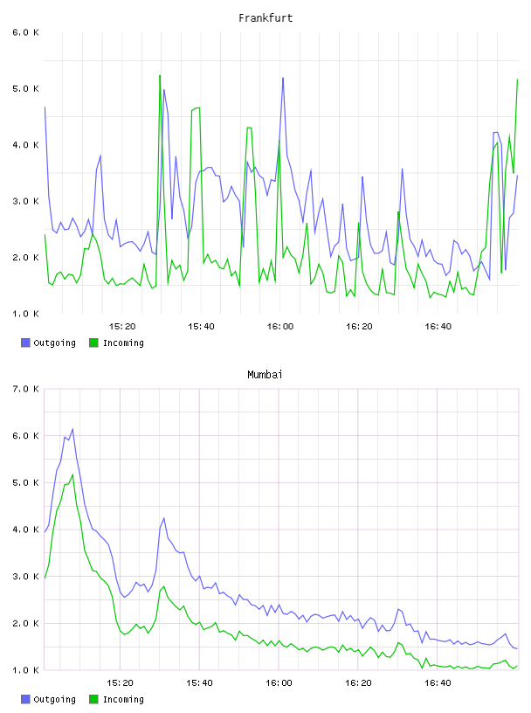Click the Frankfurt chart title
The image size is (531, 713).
[x=265, y=18]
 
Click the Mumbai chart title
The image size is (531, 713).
[x=265, y=375]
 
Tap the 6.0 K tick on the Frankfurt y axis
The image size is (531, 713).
[x=25, y=32]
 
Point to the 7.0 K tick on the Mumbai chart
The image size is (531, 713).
[x=25, y=389]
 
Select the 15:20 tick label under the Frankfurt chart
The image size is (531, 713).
[x=122, y=327]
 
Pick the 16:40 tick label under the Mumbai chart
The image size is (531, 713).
[x=438, y=683]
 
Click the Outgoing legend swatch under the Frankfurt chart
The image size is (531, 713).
[x=25, y=343]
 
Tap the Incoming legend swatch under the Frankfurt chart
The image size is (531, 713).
[x=93, y=343]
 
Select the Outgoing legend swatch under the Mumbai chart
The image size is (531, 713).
[x=25, y=699]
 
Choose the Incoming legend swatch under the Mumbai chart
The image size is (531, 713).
[x=93, y=699]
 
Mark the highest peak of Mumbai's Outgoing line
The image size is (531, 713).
[x=72, y=429]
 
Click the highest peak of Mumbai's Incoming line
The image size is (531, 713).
[x=72, y=474]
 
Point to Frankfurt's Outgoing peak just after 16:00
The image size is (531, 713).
[x=283, y=78]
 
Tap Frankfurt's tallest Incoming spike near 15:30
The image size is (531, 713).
[x=160, y=75]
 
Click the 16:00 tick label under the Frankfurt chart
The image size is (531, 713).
[x=280, y=327]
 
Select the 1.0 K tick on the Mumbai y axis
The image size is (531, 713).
[x=25, y=670]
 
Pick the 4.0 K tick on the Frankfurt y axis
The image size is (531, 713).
[x=25, y=145]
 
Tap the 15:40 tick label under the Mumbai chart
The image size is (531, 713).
[x=199, y=683]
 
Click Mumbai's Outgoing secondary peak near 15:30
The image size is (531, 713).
[x=163, y=518]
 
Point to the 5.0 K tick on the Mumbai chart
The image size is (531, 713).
[x=25, y=483]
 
